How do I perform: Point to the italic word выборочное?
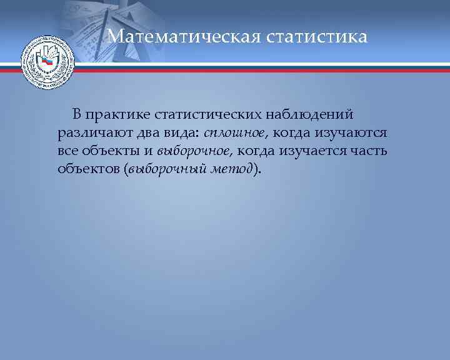(194, 151)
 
